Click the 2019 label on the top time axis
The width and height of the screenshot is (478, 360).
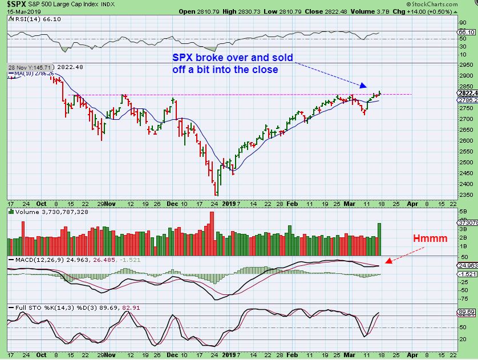(x=229, y=203)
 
